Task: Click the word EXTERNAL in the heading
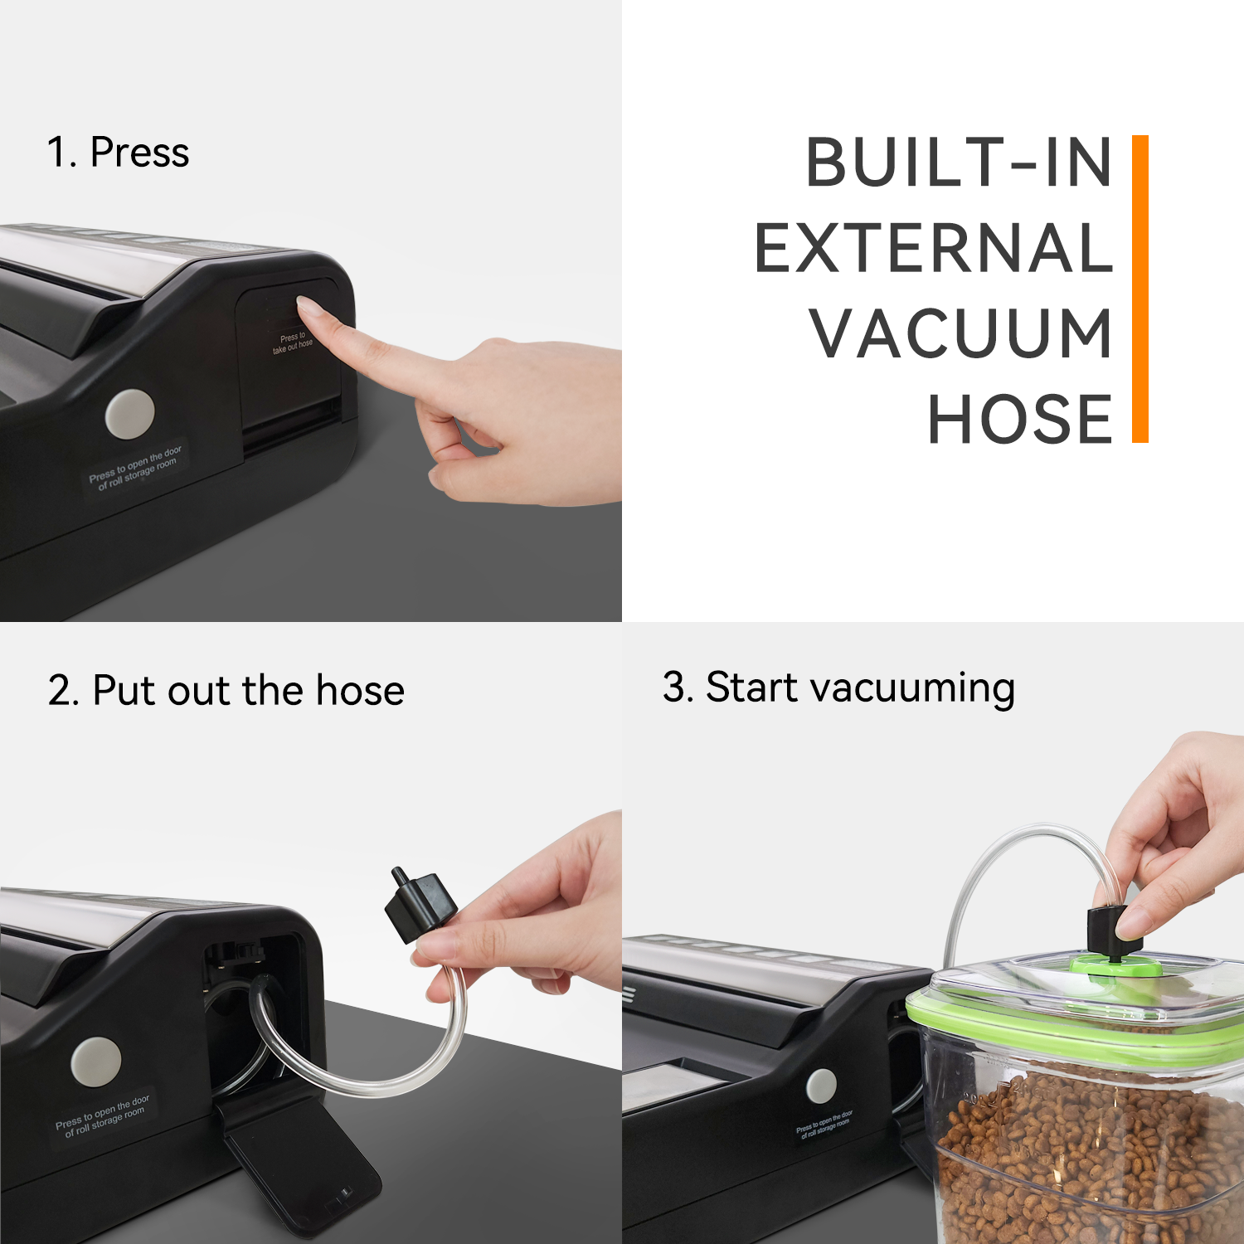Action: pos(933,248)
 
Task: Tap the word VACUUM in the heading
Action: pos(960,333)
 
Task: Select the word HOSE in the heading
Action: pos(1019,420)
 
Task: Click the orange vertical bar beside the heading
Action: pos(1140,289)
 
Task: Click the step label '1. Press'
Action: pos(119,153)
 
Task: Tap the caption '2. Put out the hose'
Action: pos(226,690)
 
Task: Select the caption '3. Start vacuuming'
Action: pos(838,688)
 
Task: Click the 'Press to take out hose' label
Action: pos(292,343)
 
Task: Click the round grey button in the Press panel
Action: pos(130,413)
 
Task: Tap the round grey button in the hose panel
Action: pos(96,1062)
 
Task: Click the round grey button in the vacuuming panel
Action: pos(821,1086)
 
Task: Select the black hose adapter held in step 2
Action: pos(420,906)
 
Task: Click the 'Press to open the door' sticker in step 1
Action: pos(135,468)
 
